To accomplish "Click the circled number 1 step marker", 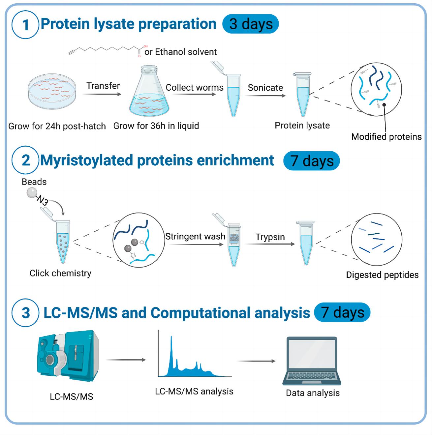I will tap(26, 25).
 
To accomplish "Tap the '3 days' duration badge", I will tap(251, 24).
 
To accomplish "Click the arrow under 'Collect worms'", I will tap(194, 94).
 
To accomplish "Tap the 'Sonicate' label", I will tap(265, 88).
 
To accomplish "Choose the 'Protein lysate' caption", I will tap(302, 126).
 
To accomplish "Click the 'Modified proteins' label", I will tap(386, 137).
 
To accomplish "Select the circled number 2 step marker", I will tap(26, 160).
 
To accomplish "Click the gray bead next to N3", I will tap(32, 193).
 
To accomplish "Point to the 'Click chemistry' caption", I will tap(60, 273).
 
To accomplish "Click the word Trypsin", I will tap(270, 237).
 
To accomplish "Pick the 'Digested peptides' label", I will tap(382, 275).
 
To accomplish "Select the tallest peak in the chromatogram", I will tap(171, 349).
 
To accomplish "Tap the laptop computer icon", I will tap(312, 361).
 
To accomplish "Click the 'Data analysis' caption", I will tap(313, 393).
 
